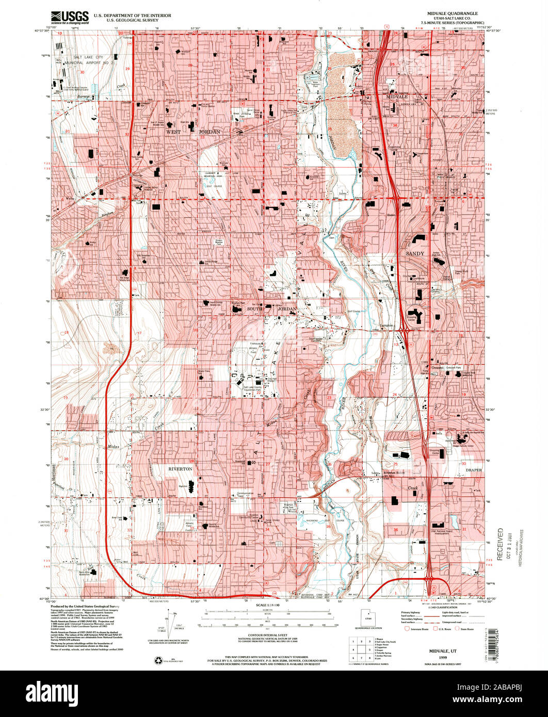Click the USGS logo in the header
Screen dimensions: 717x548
point(70,18)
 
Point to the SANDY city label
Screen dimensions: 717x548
point(414,254)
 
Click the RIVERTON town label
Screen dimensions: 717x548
point(180,469)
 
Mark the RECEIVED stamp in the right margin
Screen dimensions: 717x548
point(499,544)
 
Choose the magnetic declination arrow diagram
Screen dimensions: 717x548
point(171,622)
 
